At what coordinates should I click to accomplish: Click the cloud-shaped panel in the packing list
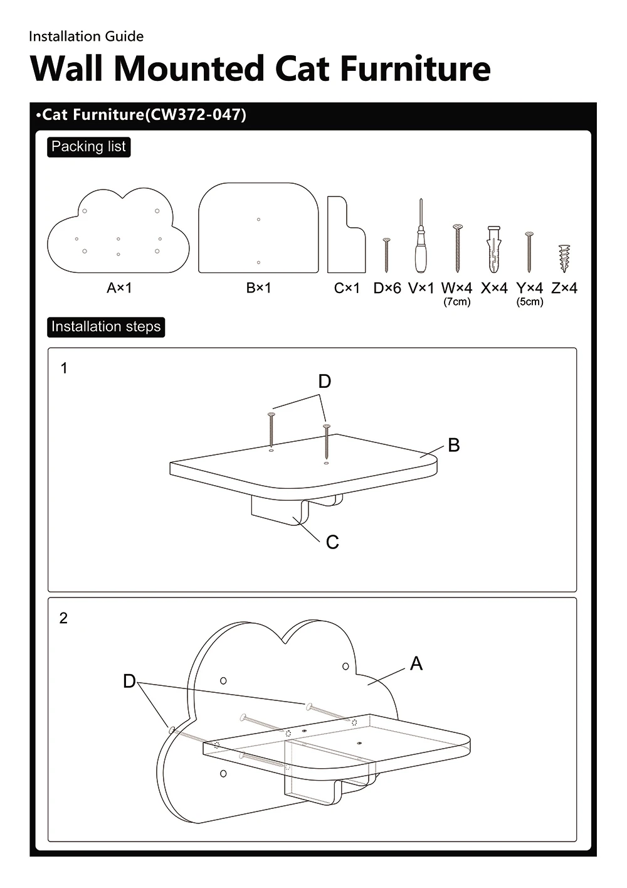click(x=119, y=232)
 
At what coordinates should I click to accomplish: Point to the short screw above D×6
click(x=386, y=255)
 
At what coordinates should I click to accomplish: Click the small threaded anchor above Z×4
click(x=564, y=258)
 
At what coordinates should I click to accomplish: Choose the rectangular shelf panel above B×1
click(x=258, y=228)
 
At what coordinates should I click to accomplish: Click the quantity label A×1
click(x=119, y=288)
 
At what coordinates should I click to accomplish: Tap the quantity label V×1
click(x=421, y=288)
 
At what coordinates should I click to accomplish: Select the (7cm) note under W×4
click(x=457, y=302)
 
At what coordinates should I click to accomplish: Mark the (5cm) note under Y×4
click(x=530, y=302)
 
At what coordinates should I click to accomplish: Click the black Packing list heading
click(x=88, y=147)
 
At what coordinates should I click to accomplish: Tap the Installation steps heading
click(x=106, y=327)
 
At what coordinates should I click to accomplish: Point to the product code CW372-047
click(x=196, y=115)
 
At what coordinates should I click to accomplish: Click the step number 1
click(x=63, y=368)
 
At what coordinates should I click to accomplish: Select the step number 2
click(x=63, y=618)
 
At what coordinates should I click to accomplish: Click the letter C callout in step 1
click(x=332, y=542)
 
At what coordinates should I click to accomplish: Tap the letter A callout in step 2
click(x=416, y=663)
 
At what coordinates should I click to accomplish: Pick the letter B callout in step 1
click(x=454, y=446)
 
